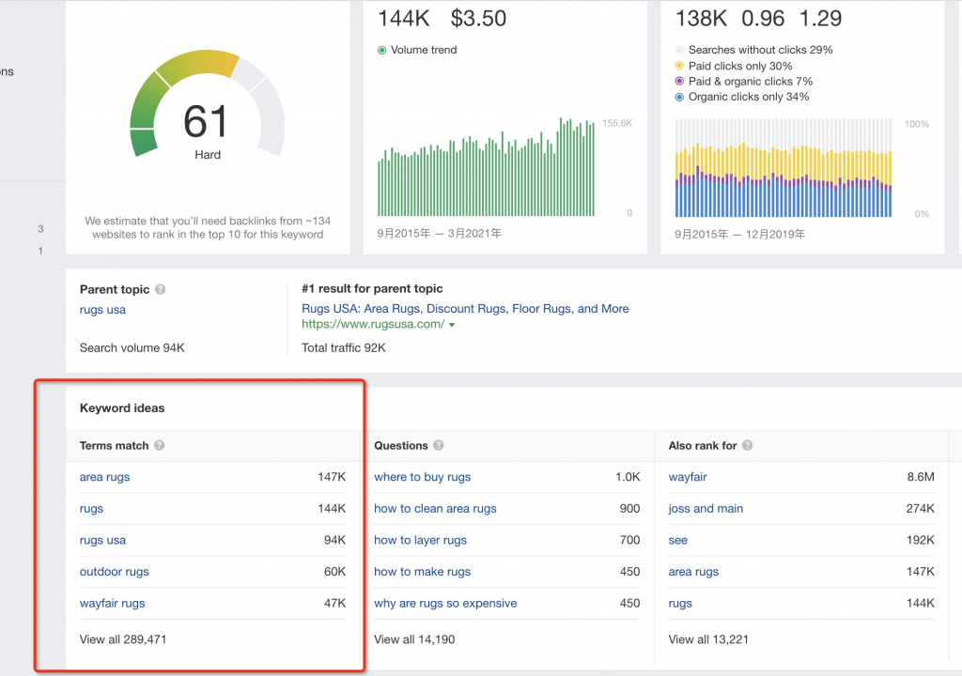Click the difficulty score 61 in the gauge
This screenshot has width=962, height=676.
click(206, 121)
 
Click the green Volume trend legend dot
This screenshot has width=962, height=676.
click(381, 51)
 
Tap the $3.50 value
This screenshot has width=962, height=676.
click(478, 19)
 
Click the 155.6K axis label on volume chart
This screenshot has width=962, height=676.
click(617, 123)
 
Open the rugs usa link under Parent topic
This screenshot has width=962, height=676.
click(102, 310)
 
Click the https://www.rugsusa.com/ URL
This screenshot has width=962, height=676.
click(373, 324)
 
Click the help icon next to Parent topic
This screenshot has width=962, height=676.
click(160, 289)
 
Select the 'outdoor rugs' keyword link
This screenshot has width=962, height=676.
click(114, 572)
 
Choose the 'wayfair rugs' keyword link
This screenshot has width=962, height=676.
click(113, 604)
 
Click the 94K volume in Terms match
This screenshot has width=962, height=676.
click(335, 540)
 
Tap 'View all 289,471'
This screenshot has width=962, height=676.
click(123, 639)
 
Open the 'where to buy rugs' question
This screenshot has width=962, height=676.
click(423, 477)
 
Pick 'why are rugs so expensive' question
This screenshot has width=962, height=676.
click(445, 604)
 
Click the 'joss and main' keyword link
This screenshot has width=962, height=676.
click(706, 509)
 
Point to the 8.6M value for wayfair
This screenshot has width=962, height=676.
click(921, 477)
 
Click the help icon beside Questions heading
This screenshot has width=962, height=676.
click(439, 445)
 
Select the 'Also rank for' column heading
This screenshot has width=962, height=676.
click(703, 445)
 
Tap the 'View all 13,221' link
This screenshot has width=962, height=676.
click(708, 639)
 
